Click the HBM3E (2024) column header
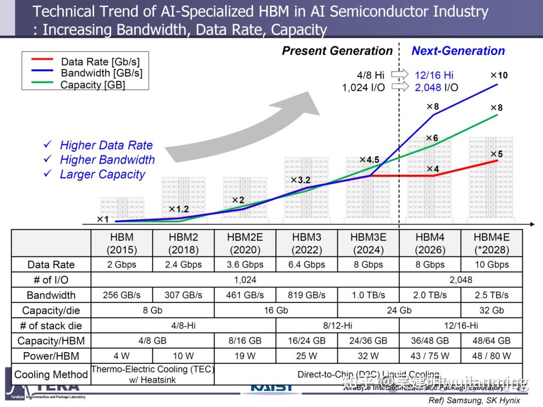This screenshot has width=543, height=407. tap(368, 243)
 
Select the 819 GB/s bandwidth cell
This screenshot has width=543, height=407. tap(307, 295)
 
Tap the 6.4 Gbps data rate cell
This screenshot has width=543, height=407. tap(307, 265)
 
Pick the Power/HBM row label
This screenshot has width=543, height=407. tap(51, 356)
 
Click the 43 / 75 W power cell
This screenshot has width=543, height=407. tap(430, 356)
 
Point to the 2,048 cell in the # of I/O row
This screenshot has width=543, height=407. tap(460, 280)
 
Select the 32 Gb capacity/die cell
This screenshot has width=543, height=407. tap(491, 310)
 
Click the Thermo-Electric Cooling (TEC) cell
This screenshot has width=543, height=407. tap(153, 374)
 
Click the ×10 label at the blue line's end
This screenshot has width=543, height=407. tap(499, 75)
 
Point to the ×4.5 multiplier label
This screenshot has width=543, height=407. tap(369, 160)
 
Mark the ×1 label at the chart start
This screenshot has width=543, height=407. tap(103, 219)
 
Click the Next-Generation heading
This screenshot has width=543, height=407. tap(458, 51)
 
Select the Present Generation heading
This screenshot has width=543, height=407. tap(337, 51)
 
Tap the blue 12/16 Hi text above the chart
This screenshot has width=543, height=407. tap(434, 75)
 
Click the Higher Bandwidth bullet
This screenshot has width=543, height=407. tap(107, 160)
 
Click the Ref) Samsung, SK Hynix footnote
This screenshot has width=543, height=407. tap(474, 400)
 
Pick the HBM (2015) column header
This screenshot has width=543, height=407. tap(122, 243)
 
